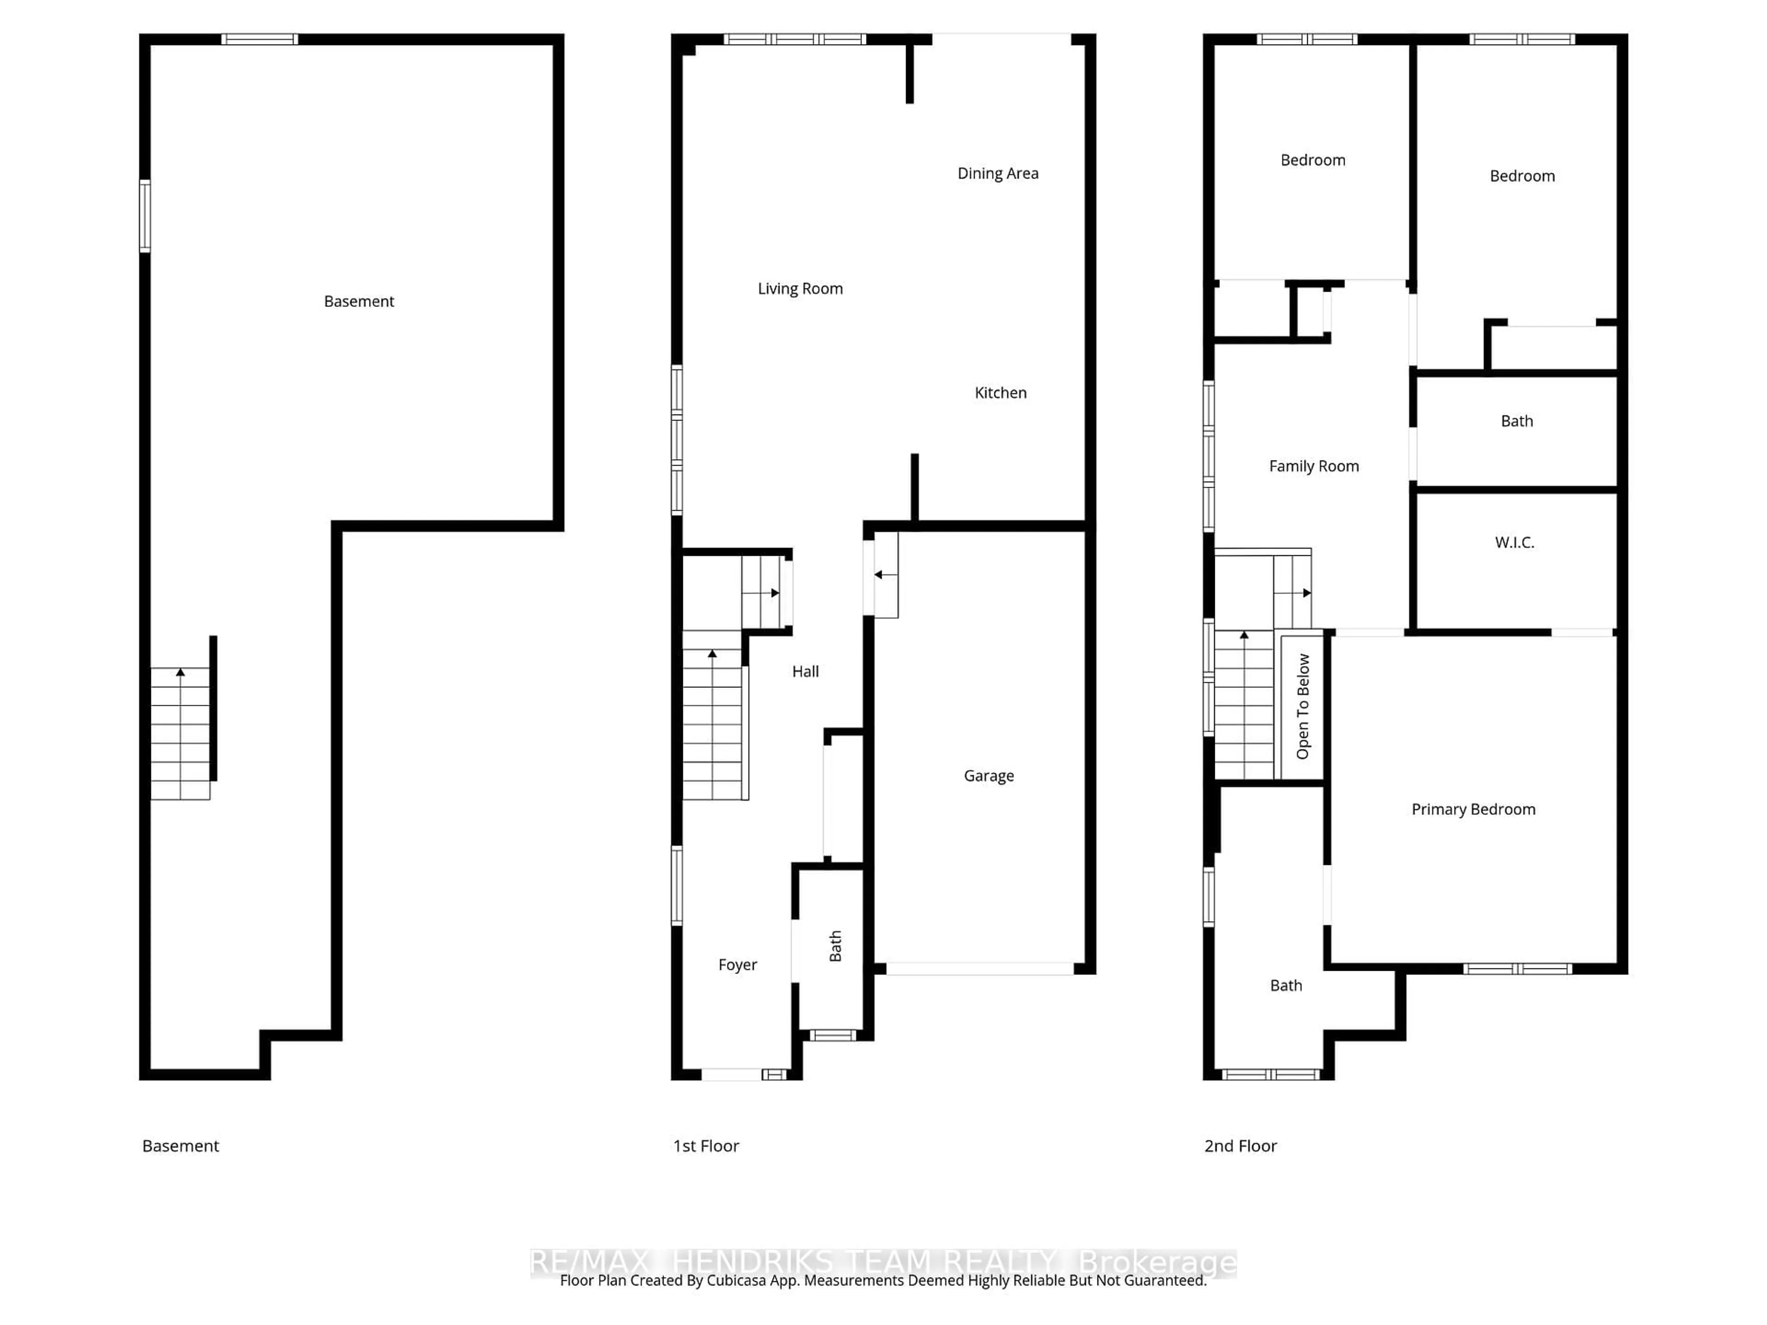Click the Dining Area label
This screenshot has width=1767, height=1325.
click(998, 173)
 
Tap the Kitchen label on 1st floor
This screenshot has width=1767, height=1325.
click(1000, 393)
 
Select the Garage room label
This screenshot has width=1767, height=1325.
click(988, 776)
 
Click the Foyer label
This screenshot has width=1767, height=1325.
click(737, 965)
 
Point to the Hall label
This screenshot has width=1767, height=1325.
click(805, 672)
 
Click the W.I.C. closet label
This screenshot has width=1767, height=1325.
click(1514, 543)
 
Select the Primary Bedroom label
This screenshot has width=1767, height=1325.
click(1473, 809)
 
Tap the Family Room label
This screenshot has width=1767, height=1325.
click(1313, 467)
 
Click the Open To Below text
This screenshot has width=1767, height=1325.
click(1303, 706)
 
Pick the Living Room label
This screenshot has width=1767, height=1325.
click(800, 289)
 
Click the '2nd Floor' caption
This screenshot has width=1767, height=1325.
click(1240, 1146)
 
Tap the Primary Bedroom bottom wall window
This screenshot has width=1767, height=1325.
click(1517, 969)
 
